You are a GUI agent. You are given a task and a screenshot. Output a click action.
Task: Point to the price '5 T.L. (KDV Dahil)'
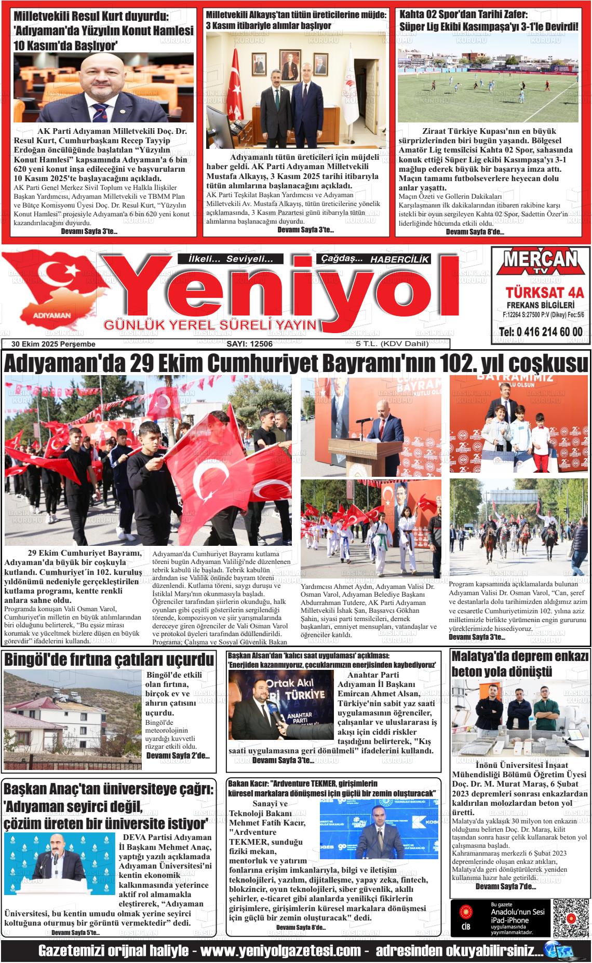pos(392,343)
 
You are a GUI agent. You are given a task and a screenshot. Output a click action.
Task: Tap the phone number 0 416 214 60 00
pos(540,332)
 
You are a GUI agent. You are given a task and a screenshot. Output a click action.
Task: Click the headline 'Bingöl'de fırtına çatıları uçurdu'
pos(109,659)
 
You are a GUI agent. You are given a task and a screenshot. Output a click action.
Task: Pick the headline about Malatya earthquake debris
pos(520,664)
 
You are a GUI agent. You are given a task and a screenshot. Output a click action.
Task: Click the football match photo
pos(488,78)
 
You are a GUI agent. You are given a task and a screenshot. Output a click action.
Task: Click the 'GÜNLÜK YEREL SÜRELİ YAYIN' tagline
pos(210,325)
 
